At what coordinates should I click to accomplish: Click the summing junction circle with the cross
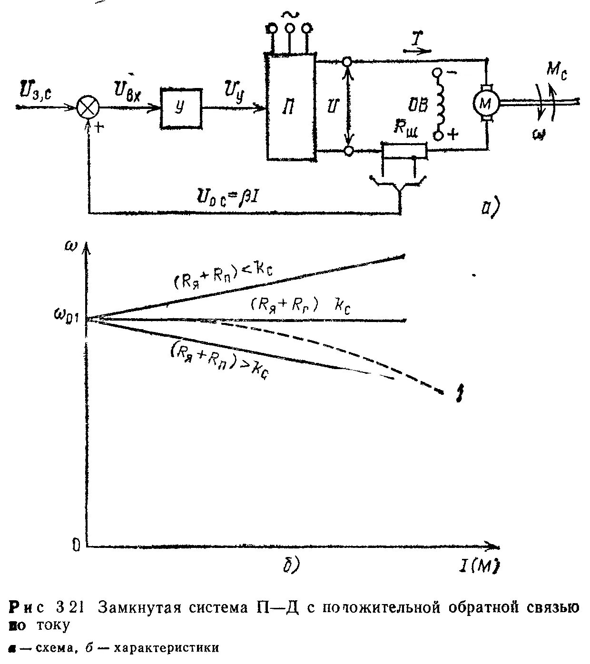tap(88, 107)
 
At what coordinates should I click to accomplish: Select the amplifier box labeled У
tap(180, 108)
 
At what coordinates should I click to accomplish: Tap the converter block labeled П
tap(290, 107)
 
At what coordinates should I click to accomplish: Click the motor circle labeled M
tap(485, 102)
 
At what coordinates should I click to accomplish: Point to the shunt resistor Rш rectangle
tap(404, 151)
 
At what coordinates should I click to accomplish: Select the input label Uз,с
tap(38, 91)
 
